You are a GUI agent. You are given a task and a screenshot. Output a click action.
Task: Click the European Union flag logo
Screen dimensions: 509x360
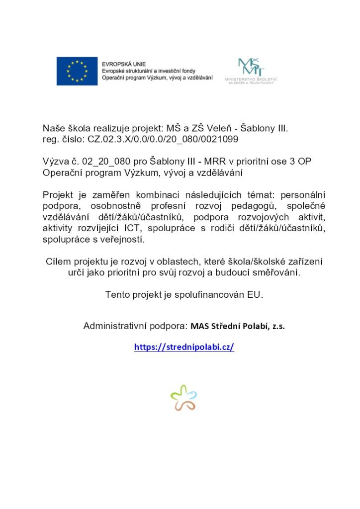[77, 71]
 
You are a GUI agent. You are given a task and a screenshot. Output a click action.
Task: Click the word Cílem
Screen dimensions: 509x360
[57, 261]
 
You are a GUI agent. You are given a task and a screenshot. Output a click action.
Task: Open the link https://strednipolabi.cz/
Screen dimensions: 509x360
[184, 347]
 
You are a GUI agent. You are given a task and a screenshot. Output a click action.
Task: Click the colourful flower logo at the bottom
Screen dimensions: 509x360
[183, 398]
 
